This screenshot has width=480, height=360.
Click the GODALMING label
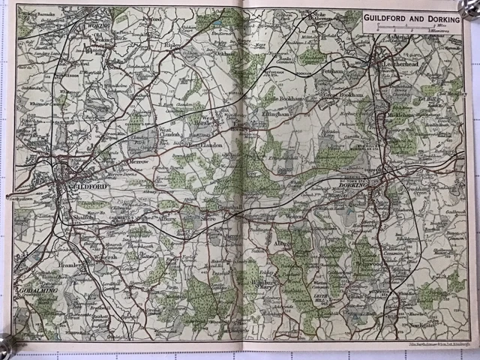point(34,289)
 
